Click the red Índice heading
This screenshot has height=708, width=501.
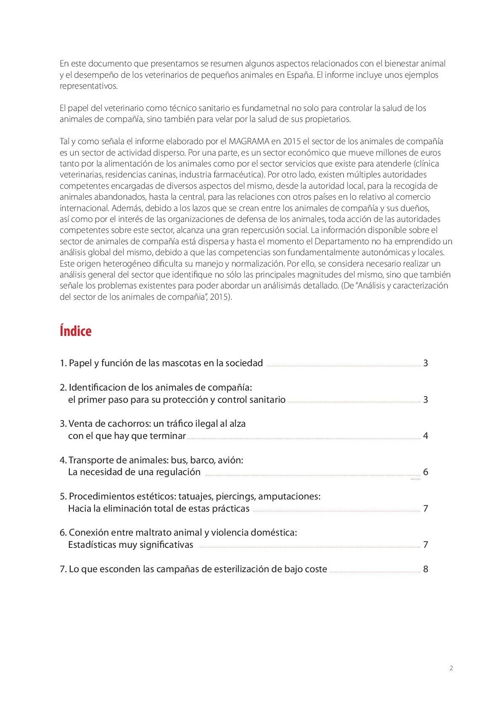coord(76,331)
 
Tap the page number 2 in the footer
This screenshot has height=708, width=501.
coord(451,668)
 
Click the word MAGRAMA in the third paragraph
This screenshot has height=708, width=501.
coord(249,142)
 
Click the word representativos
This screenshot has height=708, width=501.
coord(88,86)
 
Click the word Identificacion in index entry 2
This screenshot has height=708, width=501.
coord(97,388)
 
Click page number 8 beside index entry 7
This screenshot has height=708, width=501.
coord(426,569)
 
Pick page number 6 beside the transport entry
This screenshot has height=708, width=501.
coord(426,472)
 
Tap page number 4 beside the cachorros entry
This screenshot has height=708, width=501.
coord(426,436)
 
